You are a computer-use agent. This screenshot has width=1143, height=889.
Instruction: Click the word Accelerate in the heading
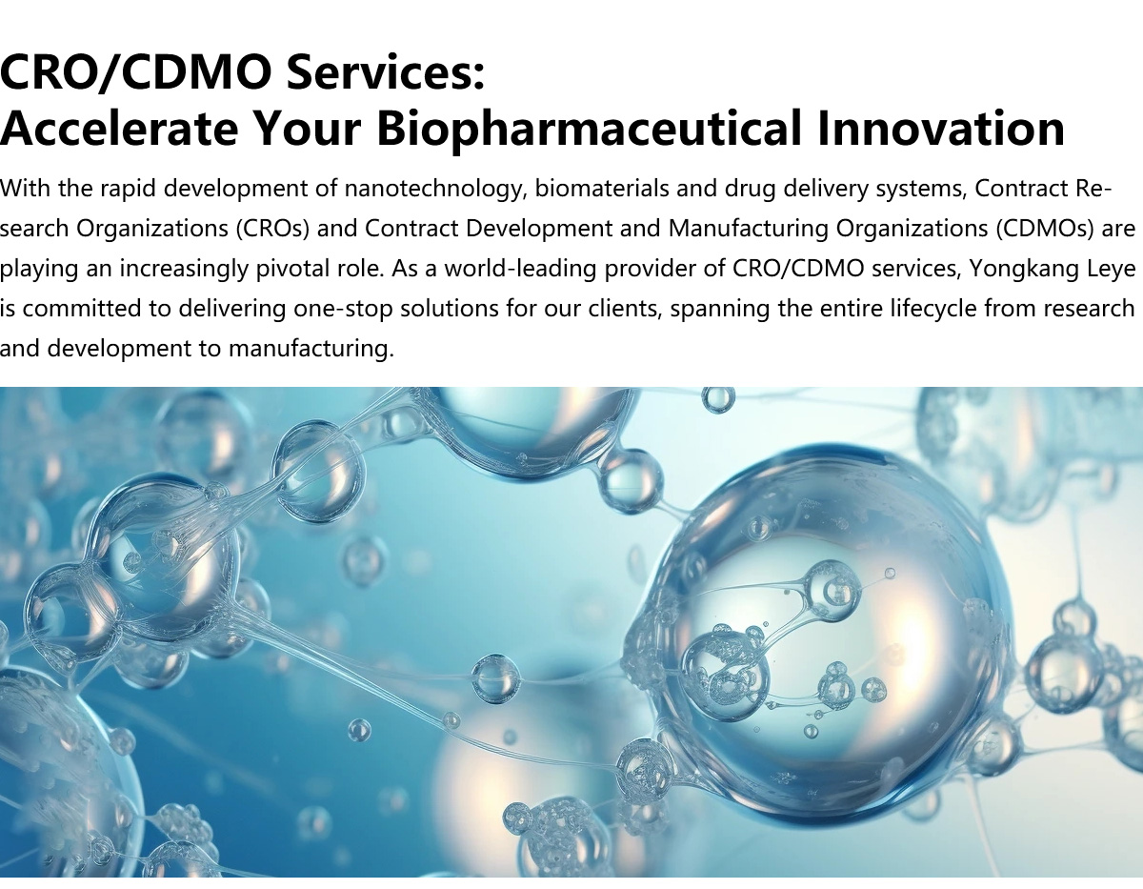[x=119, y=128]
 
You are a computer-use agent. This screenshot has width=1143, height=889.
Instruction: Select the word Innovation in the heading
[x=941, y=128]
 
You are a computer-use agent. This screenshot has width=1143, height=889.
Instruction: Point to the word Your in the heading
[x=308, y=129]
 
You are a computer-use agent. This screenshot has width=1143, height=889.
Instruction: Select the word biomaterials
[x=602, y=188]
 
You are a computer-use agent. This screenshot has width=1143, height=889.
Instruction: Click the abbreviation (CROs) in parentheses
[x=272, y=229]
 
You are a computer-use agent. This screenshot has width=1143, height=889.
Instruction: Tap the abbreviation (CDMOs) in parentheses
[x=1044, y=229]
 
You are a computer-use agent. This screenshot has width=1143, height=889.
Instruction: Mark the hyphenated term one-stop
[x=343, y=309]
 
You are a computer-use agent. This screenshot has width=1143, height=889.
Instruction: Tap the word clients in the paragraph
[x=626, y=309]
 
